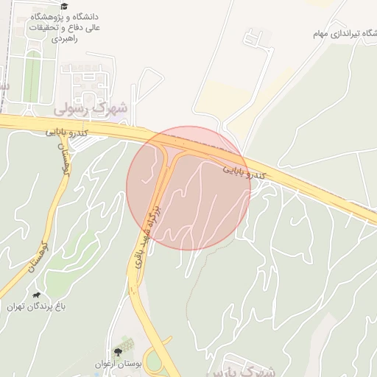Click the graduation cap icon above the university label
pyautogui.click(x=64, y=6)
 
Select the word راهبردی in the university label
pyautogui.click(x=67, y=38)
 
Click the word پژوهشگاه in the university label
pyautogui.click(x=46, y=16)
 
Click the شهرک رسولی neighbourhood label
pyautogui.click(x=92, y=108)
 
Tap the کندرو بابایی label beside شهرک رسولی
pyautogui.click(x=68, y=133)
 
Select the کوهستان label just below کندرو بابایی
pyautogui.click(x=64, y=156)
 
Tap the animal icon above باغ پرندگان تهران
pyautogui.click(x=36, y=295)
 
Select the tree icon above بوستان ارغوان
pyautogui.click(x=118, y=352)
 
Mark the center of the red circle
pyautogui.click(x=188, y=188)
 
